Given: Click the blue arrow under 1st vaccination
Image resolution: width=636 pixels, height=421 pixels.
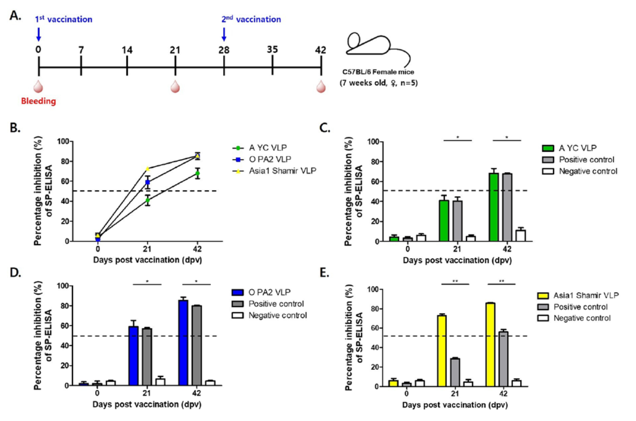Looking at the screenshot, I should (39, 34).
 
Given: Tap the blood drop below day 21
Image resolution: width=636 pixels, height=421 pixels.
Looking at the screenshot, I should (175, 86).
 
